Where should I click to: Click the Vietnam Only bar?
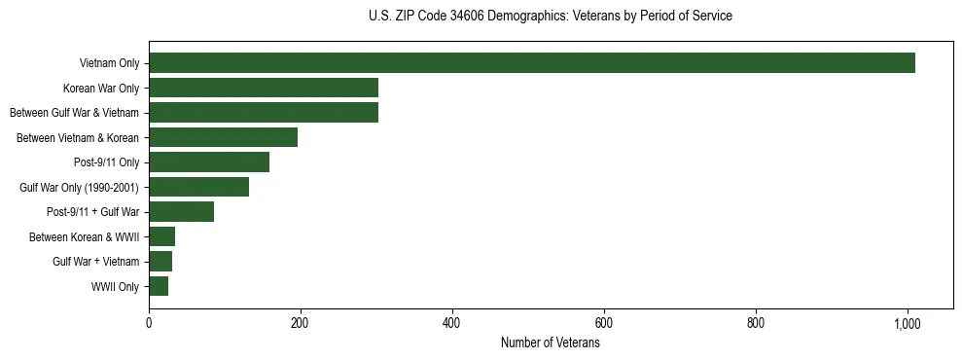coord(532,63)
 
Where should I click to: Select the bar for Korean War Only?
coord(264,88)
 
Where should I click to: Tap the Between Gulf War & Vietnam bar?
coord(264,113)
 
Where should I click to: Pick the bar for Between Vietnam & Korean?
coord(223,137)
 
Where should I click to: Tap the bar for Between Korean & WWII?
coord(161,236)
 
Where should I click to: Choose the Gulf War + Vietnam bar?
coord(160,262)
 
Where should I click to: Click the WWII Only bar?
coord(159,286)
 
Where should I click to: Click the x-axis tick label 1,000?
coord(908,323)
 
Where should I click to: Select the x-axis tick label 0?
coord(149,323)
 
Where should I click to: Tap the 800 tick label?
coord(756,323)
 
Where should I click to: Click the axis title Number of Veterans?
coord(550,343)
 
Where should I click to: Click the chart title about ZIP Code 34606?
coord(550,17)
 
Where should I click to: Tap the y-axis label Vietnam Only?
coord(108,63)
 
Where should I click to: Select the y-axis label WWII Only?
coord(115,287)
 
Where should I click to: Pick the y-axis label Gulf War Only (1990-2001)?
coord(79,188)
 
